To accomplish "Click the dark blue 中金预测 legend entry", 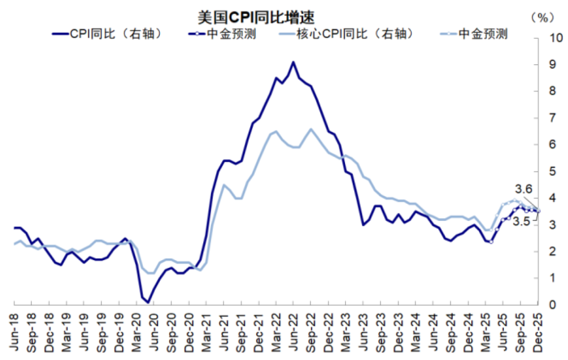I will coord(231,34).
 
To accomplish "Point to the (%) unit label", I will coord(542,17).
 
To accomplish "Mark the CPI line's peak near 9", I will coord(293,62).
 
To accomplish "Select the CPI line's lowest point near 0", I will coord(148,302).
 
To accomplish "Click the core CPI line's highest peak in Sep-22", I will coord(311,129).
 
